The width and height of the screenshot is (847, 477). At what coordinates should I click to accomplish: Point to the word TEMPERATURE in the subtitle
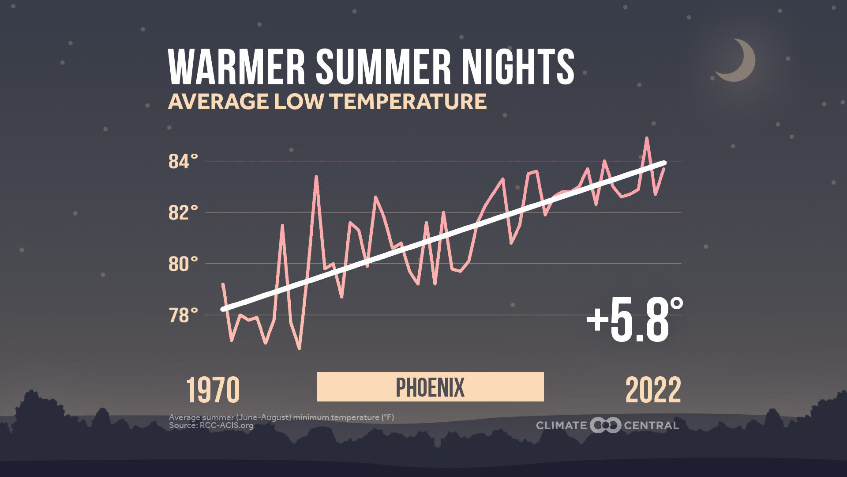[408, 102]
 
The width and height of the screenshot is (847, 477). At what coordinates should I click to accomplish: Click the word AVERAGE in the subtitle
[218, 102]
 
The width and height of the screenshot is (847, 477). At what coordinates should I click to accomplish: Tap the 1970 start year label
[213, 390]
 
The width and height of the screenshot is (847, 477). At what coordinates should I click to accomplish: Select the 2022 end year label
[653, 390]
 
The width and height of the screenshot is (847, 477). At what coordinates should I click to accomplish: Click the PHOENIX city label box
[430, 387]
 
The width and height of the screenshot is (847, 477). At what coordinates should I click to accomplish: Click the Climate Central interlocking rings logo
[605, 425]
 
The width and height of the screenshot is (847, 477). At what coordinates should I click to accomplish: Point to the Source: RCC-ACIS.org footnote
[211, 426]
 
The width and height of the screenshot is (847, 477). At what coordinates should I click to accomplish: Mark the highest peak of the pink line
[647, 138]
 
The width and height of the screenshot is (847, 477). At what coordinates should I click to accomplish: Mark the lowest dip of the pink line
[299, 348]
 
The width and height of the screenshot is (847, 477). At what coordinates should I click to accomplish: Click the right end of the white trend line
[664, 163]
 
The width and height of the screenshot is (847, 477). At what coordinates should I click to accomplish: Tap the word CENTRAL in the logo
[652, 426]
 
